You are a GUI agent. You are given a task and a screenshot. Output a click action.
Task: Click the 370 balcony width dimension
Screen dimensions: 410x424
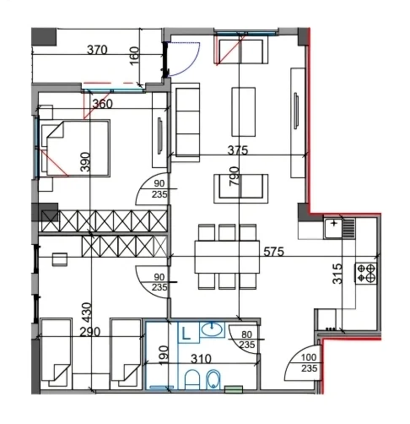[x=97, y=50]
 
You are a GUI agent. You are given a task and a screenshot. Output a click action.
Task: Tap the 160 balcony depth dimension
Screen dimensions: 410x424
[x=134, y=56]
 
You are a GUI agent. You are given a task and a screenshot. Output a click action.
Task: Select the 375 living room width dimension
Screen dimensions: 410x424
[x=238, y=150]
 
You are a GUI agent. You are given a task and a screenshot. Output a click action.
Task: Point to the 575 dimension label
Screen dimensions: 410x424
[x=273, y=252]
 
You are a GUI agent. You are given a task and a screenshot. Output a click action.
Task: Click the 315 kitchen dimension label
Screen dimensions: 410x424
[x=337, y=274]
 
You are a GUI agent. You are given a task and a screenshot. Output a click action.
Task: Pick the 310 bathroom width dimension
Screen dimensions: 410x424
[x=201, y=359]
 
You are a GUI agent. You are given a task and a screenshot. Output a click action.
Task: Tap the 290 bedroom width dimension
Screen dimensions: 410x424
[x=90, y=332]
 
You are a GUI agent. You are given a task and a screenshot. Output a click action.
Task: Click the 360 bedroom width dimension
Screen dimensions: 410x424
[x=103, y=104]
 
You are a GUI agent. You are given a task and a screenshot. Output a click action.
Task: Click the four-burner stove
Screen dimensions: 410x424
[x=366, y=273]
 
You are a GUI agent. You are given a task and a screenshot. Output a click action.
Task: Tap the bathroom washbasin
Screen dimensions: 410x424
[x=212, y=329]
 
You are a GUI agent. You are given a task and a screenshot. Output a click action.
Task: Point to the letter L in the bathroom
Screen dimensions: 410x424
[x=186, y=334]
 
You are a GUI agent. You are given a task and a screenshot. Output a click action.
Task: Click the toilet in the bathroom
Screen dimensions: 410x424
[x=192, y=379]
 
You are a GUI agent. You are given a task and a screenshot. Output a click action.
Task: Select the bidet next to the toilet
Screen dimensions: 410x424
[x=213, y=379]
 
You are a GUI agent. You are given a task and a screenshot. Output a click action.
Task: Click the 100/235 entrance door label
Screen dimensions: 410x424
[x=309, y=362]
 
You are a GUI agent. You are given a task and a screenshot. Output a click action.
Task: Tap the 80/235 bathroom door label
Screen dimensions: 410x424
[x=247, y=340]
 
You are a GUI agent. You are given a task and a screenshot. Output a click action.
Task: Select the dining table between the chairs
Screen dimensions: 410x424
[x=227, y=257]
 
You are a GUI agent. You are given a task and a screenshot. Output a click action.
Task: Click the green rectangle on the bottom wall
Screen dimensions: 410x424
[x=234, y=389]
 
